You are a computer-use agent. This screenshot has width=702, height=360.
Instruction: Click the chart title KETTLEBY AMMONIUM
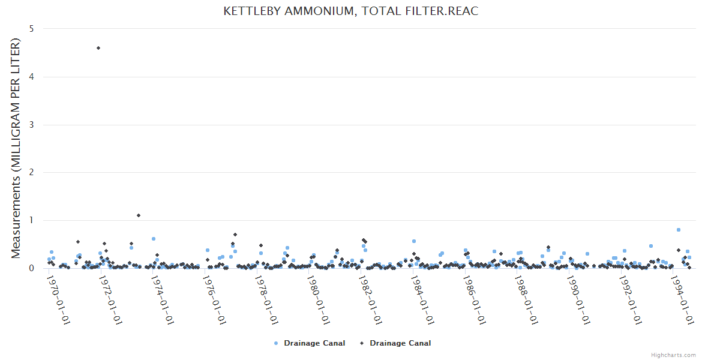[350, 11]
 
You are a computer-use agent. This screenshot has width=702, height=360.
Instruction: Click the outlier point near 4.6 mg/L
[98, 48]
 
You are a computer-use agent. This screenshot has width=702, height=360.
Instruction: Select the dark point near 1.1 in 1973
[139, 215]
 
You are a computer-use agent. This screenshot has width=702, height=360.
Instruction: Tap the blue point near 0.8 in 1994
[679, 230]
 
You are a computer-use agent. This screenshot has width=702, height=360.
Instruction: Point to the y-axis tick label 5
[31, 29]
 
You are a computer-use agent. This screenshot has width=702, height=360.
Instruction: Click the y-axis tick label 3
[31, 125]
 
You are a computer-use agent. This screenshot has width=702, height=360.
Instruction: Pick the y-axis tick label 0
[31, 268]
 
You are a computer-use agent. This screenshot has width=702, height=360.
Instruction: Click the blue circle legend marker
[276, 343]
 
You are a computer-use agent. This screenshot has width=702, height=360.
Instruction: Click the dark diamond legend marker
[362, 343]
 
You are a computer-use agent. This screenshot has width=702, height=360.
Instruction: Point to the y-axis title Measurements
[16, 148]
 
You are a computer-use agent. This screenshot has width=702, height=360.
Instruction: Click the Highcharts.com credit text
[673, 355]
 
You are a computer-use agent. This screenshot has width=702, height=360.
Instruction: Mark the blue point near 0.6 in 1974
[154, 239]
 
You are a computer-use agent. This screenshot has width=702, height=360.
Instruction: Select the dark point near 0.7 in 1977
[235, 235]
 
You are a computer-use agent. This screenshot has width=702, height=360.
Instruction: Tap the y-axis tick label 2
[31, 173]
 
